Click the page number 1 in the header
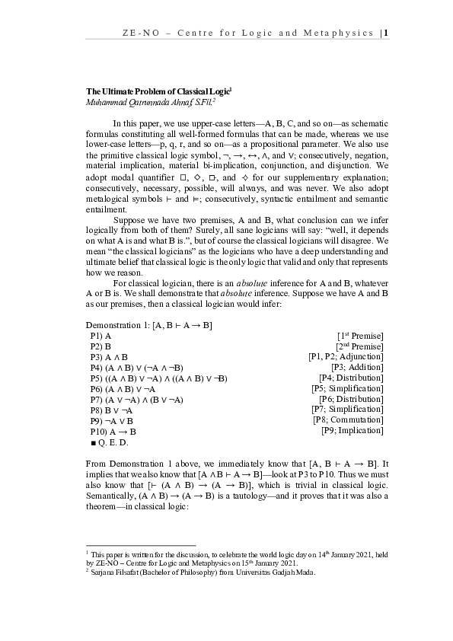387,33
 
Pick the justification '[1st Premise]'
359,336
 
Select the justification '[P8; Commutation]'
348,419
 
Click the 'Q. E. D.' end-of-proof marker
113,442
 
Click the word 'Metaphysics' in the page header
343,33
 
